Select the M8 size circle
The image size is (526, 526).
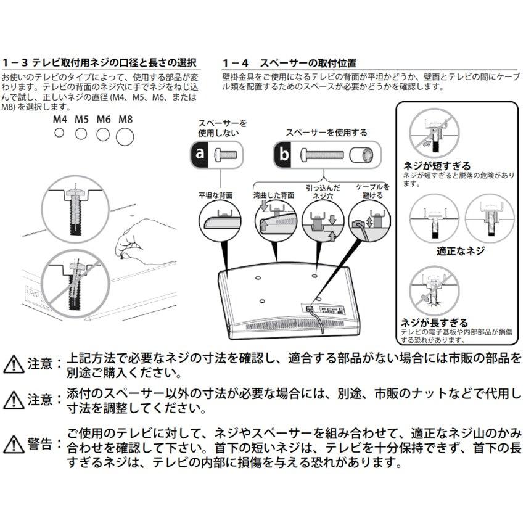coord(125,136)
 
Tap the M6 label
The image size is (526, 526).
coord(104,120)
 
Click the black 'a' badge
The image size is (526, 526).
coord(200,154)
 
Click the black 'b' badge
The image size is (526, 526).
coord(284,154)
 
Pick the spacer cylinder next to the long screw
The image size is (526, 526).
coord(363,154)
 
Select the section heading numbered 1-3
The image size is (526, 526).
coord(99,63)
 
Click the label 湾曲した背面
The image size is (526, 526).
coord(273,195)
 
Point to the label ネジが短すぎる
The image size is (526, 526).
coord(437,166)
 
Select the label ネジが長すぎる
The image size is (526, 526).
coord(434,323)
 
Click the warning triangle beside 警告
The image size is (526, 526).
coord(13,444)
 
